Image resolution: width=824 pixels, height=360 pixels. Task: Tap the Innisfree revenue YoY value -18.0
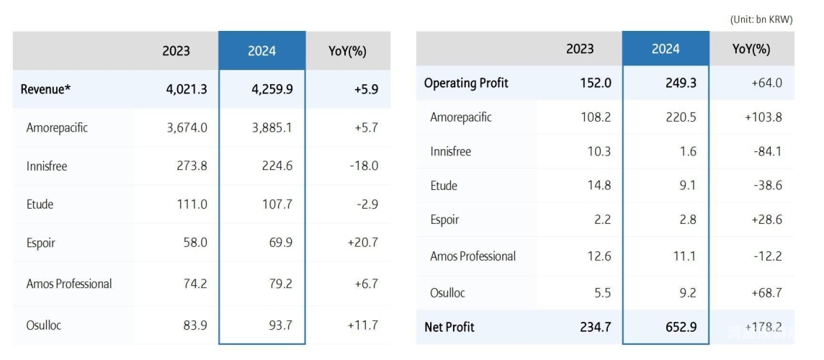(x=363, y=166)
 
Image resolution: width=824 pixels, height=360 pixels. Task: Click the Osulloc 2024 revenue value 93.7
(x=279, y=325)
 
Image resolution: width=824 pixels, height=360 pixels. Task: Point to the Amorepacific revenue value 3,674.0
(x=186, y=127)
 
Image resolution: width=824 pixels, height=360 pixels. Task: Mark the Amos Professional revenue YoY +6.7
(x=365, y=284)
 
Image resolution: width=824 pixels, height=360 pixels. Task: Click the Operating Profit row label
(x=466, y=83)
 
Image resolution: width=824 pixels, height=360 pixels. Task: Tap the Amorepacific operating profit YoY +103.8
(x=763, y=117)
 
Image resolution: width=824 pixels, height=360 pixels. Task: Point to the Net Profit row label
(x=449, y=327)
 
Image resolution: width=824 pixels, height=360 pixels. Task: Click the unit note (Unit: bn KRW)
(x=761, y=20)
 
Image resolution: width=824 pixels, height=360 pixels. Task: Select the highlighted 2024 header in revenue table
(x=261, y=51)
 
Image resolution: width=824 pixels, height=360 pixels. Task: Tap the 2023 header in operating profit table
(x=580, y=49)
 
